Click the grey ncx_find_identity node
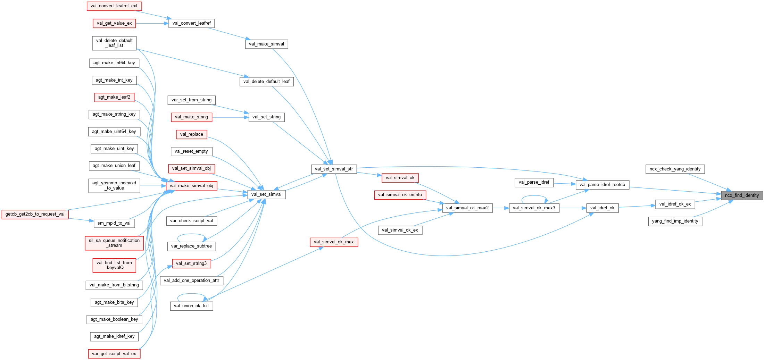click(742, 195)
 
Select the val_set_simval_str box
click(334, 169)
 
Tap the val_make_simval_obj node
click(191, 186)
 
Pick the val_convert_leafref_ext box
click(114, 6)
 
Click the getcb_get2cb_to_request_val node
click(35, 214)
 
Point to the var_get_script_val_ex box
click(114, 354)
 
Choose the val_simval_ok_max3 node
click(534, 208)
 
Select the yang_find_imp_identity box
click(675, 221)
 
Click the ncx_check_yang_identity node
click(675, 169)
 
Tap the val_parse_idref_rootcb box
click(602, 185)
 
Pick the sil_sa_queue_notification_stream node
click(114, 243)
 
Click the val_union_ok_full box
click(191, 306)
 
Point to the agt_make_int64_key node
click(114, 63)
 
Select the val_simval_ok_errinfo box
click(400, 195)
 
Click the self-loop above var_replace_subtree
click(191, 234)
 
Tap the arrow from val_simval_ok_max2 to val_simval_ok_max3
click(501, 208)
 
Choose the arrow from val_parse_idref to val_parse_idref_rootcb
click(564, 184)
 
